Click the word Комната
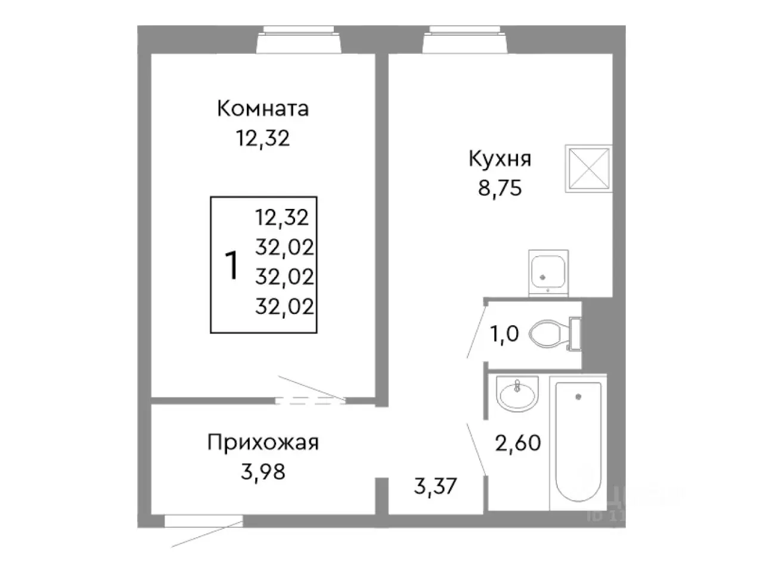click(263, 109)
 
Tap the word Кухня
click(500, 159)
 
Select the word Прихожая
click(263, 442)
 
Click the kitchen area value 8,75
click(500, 188)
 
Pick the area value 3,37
click(435, 486)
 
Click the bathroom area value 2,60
click(517, 443)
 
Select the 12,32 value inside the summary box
click(283, 217)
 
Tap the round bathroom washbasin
click(517, 393)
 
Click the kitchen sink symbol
click(548, 273)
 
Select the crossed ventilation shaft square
click(588, 168)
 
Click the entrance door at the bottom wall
click(204, 522)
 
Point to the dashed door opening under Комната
click(310, 401)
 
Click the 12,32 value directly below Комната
click(263, 138)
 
